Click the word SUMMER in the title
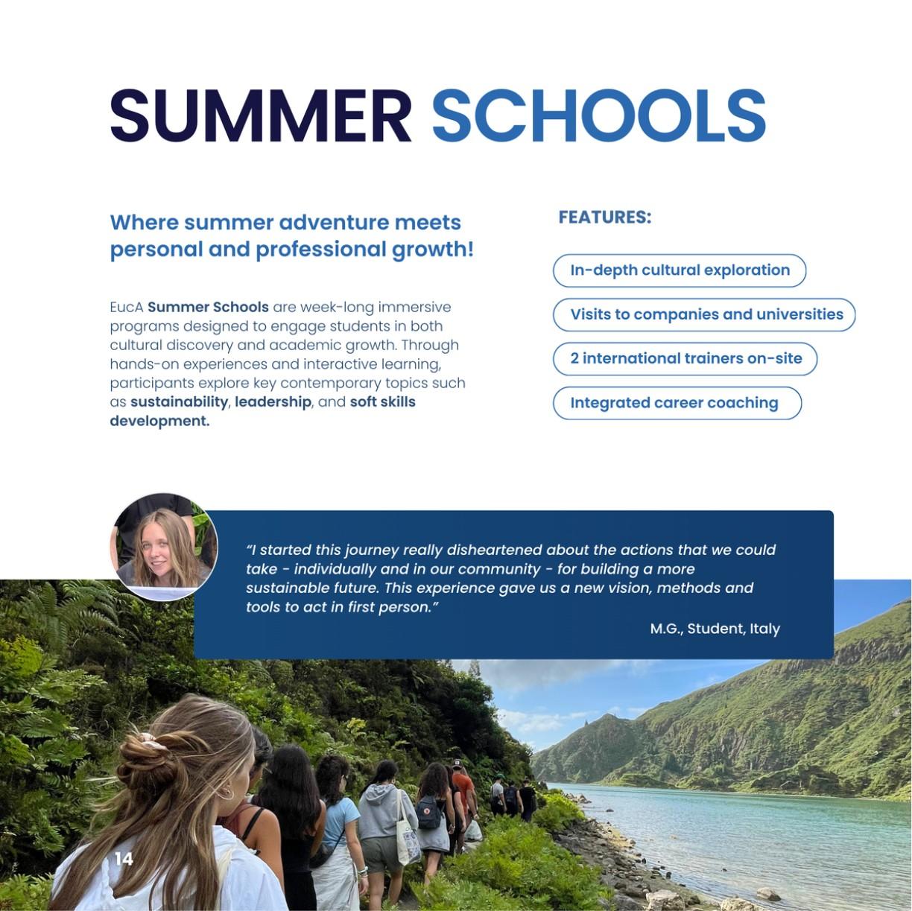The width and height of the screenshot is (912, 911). pos(260,115)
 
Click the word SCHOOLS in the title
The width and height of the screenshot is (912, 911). pos(598,115)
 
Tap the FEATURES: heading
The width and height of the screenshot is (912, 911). pos(604,217)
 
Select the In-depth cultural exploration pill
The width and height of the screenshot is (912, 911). pos(680,270)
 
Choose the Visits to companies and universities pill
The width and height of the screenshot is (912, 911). pos(704,314)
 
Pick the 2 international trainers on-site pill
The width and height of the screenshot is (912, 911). pos(685,358)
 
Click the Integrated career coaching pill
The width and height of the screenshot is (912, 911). pos(677,403)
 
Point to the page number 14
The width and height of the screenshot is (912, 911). pos(124,859)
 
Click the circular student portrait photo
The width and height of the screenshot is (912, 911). pos(165,547)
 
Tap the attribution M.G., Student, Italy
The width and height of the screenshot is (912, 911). pos(715,629)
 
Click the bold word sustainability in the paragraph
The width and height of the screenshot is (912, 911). pos(179,402)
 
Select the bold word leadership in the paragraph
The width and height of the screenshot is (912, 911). pos(273,402)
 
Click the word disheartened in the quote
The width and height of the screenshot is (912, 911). pos(494,550)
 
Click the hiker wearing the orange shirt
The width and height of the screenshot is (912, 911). pos(463,790)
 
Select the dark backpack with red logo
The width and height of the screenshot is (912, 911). pos(429,812)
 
